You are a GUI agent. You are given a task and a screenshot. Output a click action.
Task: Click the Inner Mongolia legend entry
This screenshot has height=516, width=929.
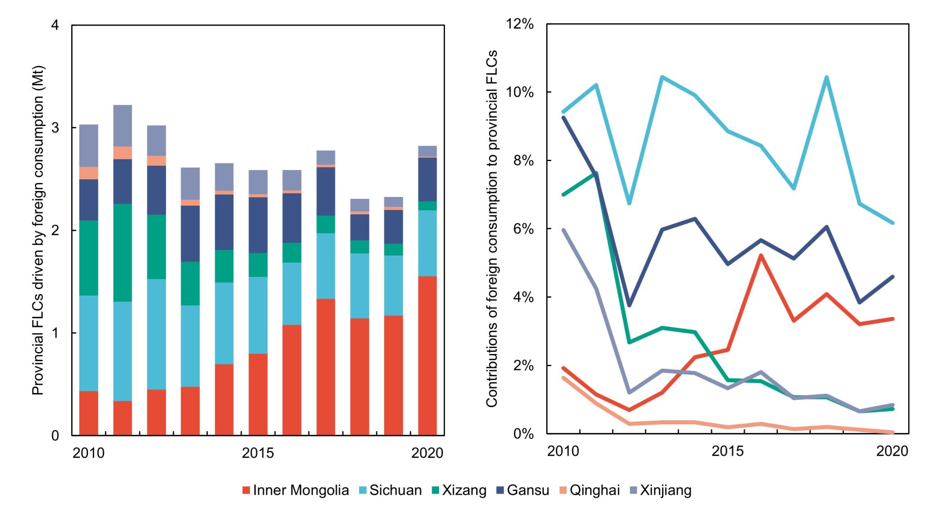[296, 491]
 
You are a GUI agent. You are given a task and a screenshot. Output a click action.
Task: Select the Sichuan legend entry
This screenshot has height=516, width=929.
[391, 491]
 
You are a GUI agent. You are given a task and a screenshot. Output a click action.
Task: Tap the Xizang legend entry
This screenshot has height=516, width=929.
[459, 491]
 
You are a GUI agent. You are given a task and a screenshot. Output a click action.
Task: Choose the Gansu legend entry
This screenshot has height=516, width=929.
[523, 491]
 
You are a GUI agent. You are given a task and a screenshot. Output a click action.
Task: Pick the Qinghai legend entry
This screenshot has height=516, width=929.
[589, 491]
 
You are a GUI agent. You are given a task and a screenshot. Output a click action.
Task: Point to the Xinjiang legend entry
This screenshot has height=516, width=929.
[660, 491]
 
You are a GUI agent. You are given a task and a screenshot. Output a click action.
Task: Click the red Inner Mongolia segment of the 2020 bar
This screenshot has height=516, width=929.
[427, 356]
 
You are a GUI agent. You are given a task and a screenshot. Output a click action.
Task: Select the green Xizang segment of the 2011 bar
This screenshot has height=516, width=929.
[122, 253]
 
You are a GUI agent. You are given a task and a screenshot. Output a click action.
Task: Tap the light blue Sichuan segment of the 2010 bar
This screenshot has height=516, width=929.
[88, 343]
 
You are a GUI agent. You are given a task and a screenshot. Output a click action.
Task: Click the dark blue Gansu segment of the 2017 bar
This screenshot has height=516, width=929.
[326, 192]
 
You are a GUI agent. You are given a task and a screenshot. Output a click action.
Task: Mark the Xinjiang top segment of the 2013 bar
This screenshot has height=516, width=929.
[190, 184]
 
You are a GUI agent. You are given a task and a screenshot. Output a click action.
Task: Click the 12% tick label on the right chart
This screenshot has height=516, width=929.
[520, 24]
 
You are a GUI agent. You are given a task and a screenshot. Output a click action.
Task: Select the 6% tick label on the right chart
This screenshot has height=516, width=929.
[523, 229]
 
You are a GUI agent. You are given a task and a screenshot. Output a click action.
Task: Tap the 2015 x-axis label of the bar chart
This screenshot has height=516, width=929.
[258, 452]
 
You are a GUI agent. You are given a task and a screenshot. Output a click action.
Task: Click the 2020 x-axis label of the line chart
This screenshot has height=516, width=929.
[892, 451]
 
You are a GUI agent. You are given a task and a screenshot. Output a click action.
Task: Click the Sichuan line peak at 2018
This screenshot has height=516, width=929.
[826, 77]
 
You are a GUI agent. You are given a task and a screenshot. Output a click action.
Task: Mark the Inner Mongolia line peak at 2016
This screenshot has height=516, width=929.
[761, 256]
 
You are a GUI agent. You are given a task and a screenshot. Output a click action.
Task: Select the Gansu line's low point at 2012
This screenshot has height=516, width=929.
[629, 305]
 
